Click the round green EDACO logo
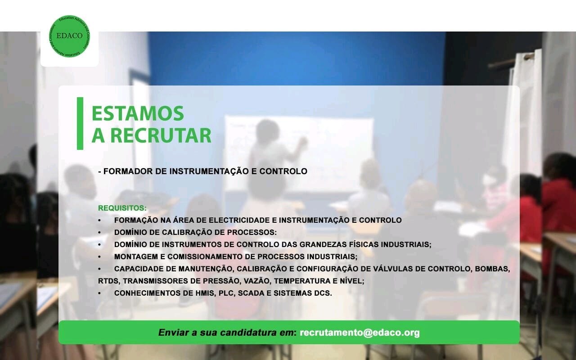69,36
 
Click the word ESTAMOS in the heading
138,113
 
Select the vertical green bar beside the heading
80,123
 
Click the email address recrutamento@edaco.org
360,333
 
